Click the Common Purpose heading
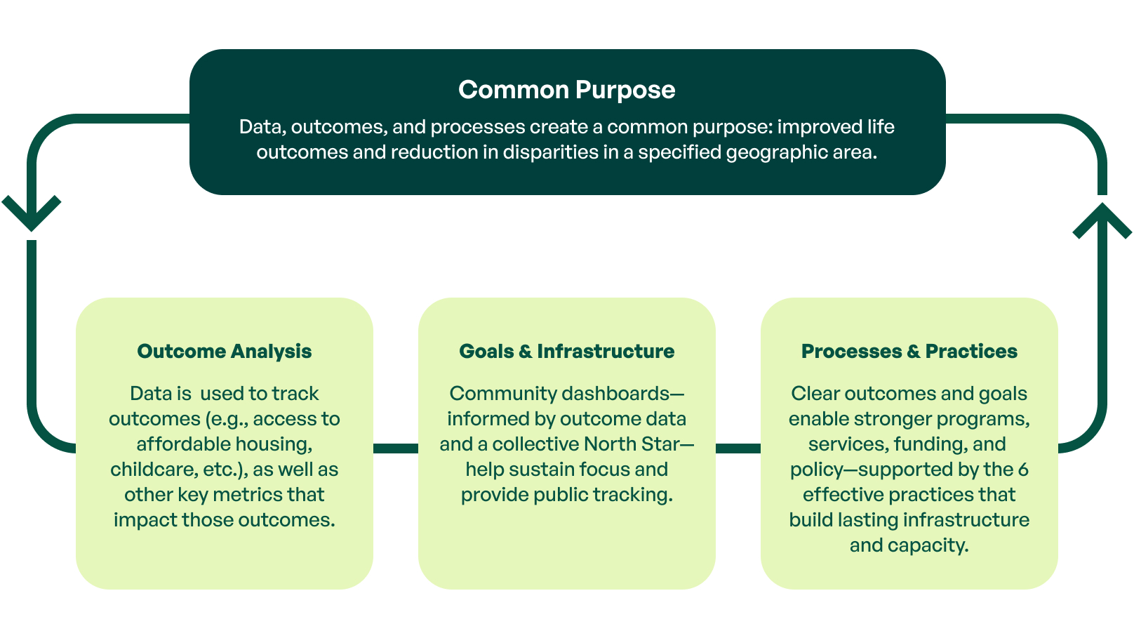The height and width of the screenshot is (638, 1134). (566, 90)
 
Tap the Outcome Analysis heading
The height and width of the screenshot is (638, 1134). (224, 351)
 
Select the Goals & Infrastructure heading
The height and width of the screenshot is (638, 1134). (566, 351)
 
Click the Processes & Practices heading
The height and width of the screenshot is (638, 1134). (909, 351)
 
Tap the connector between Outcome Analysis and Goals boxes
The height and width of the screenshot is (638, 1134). (395, 448)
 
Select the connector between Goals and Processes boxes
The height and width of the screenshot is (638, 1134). (738, 448)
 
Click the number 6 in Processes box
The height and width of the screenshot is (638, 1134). (1023, 470)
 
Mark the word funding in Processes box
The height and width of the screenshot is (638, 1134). (932, 444)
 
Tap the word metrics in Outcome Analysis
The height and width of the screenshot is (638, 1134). (248, 495)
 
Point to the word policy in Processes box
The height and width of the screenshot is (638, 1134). (817, 470)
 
